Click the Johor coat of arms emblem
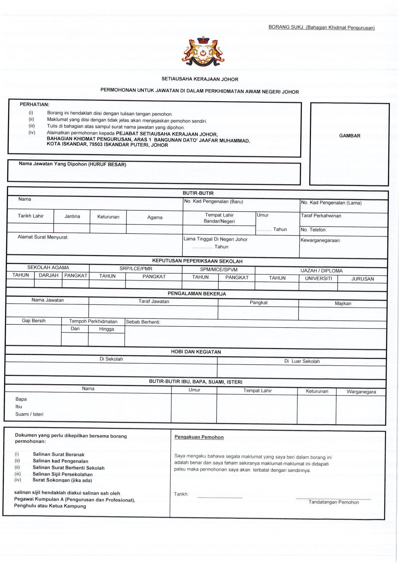[203, 52]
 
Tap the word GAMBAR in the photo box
[349, 136]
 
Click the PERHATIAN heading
[34, 105]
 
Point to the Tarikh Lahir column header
[31, 216]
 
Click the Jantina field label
[72, 217]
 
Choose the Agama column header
[155, 217]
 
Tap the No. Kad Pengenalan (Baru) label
[213, 201]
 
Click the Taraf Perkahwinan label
[321, 216]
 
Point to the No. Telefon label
[314, 230]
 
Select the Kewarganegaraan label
[320, 240]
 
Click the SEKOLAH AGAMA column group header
[48, 268]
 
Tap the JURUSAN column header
[362, 279]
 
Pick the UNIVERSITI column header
[318, 278]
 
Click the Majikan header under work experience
[343, 303]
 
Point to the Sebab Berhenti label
[143, 322]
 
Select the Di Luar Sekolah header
[302, 361]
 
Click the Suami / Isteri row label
[29, 414]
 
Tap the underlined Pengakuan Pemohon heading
[199, 437]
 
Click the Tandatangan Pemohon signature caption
[334, 502]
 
